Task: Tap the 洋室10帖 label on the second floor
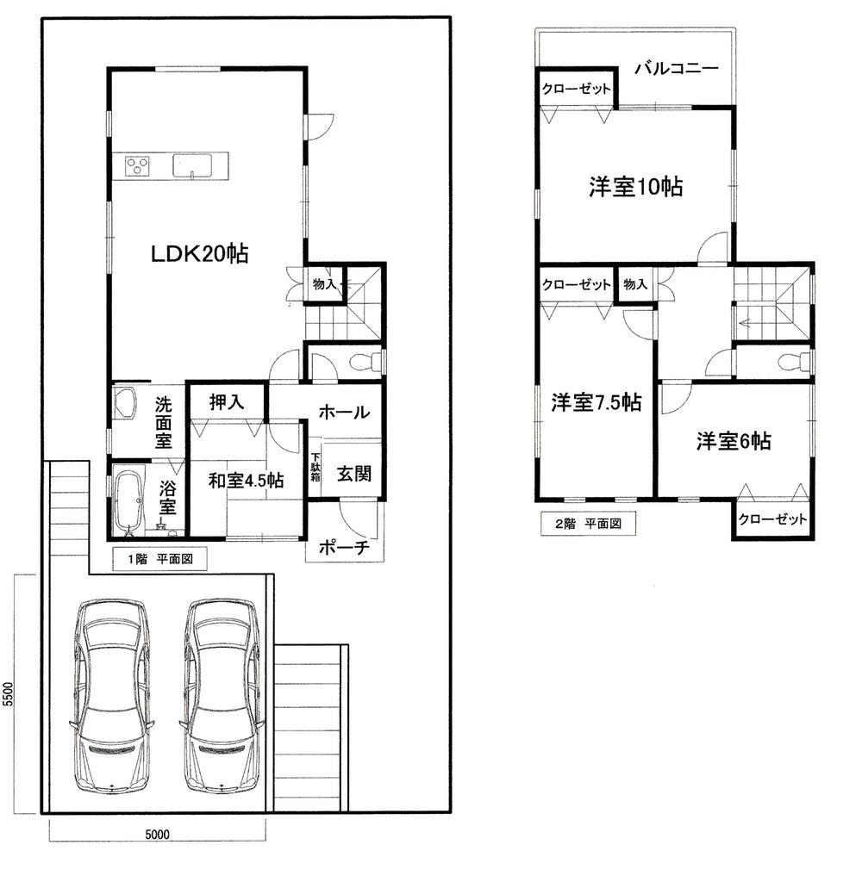pyautogui.click(x=636, y=187)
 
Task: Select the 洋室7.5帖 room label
pyautogui.click(x=597, y=402)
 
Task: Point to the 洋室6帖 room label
pyautogui.click(x=734, y=442)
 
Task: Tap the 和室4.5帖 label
pyautogui.click(x=246, y=481)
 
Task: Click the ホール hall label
pyautogui.click(x=344, y=413)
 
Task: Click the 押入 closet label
pyautogui.click(x=228, y=401)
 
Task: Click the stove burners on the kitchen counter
pyautogui.click(x=138, y=165)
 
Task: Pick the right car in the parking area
pyautogui.click(x=221, y=696)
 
